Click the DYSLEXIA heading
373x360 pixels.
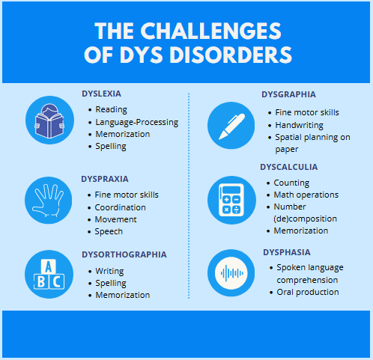[101, 94]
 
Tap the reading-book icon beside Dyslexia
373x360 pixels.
[49, 120]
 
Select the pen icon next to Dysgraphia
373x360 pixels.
[231, 126]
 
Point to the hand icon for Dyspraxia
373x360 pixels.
[48, 201]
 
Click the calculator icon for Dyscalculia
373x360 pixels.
[231, 200]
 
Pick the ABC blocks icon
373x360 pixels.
[49, 274]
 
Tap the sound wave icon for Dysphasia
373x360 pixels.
[231, 273]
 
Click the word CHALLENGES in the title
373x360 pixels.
[210, 31]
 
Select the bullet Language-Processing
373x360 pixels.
[137, 122]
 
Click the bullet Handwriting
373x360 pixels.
[299, 125]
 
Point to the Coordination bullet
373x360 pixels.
[120, 207]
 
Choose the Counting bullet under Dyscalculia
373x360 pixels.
[291, 183]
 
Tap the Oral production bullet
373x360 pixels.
[308, 292]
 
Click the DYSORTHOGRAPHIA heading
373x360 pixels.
[124, 254]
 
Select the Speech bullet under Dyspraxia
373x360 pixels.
[109, 231]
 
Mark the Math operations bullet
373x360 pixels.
[306, 195]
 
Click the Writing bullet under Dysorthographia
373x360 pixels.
[109, 271]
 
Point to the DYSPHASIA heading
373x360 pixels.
[287, 252]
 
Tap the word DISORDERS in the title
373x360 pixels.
[231, 55]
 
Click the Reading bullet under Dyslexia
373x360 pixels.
[111, 109]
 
